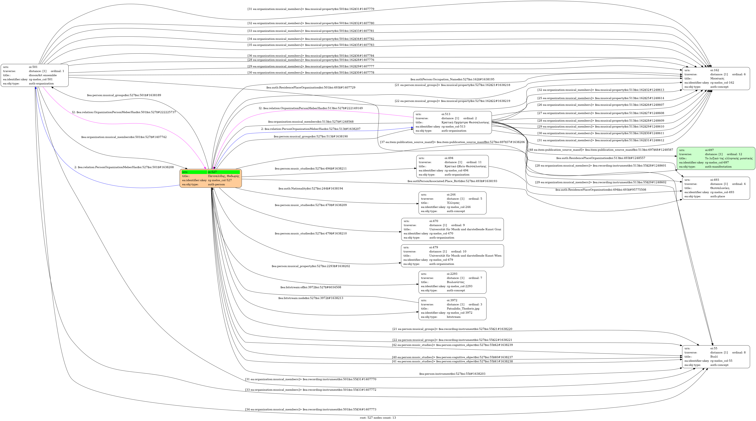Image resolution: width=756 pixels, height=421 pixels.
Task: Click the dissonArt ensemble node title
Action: pos(43,75)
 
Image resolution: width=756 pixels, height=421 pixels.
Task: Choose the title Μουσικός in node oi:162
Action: pos(717,79)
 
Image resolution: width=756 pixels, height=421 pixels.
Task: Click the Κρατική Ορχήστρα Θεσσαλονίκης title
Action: pos(465,122)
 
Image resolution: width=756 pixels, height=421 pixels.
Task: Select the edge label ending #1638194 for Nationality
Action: pos(310,188)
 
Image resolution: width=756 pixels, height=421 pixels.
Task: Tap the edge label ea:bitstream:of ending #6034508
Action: pos(310,287)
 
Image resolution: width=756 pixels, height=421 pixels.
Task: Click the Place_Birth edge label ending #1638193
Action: pos(452,181)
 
